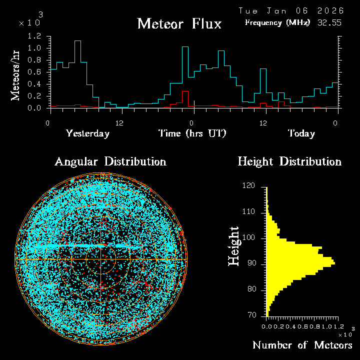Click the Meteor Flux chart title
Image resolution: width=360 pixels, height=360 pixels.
pos(179,23)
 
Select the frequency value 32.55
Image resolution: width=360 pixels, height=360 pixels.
pos(329,22)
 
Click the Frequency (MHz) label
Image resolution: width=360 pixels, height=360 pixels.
pos(277,22)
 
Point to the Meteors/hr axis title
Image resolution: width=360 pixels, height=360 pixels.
pos(16,75)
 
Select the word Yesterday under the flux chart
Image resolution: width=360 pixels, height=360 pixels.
pos(87,133)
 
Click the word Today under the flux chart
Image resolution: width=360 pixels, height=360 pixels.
pos(301,133)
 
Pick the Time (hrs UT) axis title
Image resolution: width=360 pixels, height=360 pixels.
pos(192,133)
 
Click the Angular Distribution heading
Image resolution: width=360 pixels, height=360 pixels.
pos(110,161)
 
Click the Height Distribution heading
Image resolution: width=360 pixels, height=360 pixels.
pos(289,161)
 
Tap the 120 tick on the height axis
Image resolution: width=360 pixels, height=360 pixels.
pos(249,186)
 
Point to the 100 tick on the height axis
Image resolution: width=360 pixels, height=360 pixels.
pos(249,238)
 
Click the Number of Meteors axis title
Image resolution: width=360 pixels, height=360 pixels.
pos(302,345)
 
